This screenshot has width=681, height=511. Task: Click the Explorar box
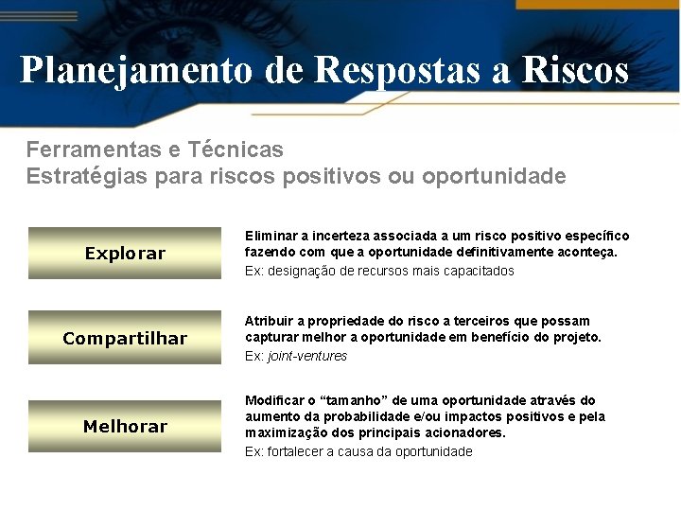[125, 253]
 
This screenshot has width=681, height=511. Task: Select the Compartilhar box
[125, 338]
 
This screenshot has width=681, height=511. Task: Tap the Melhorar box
[125, 426]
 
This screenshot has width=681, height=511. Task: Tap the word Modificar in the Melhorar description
[274, 401]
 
